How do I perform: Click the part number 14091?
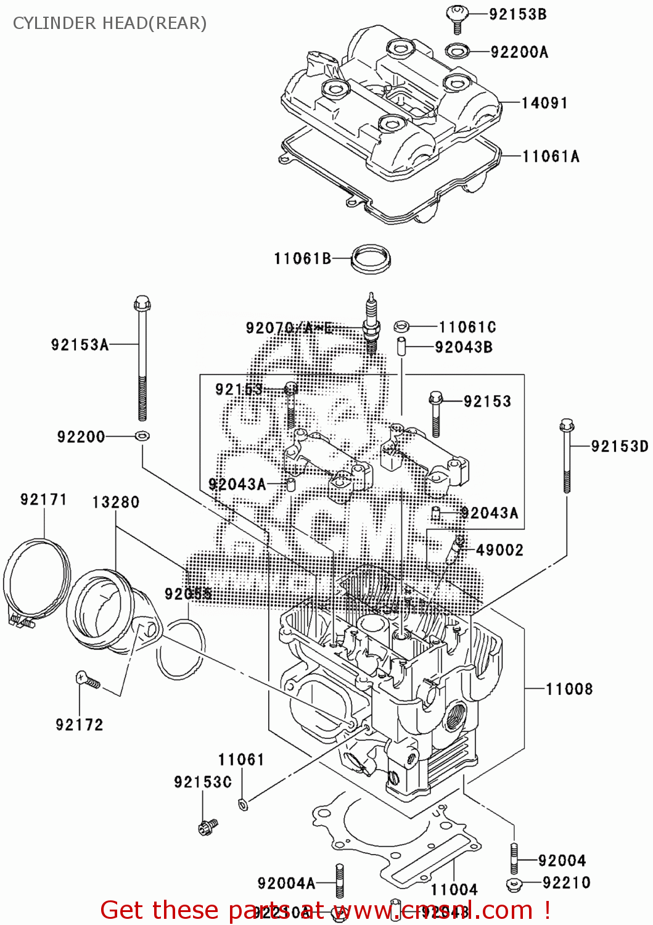click(x=544, y=103)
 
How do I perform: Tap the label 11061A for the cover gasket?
click(x=551, y=156)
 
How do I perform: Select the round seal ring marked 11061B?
click(x=371, y=258)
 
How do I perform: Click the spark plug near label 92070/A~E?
click(x=371, y=324)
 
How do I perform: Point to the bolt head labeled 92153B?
click(x=457, y=14)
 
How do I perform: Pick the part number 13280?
click(x=116, y=503)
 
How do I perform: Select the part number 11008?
click(x=569, y=689)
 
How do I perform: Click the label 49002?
click(x=499, y=549)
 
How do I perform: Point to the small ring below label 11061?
click(x=243, y=804)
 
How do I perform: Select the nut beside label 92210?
click(x=514, y=885)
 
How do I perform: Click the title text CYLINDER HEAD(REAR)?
click(x=110, y=23)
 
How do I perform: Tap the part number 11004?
click(x=454, y=889)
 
